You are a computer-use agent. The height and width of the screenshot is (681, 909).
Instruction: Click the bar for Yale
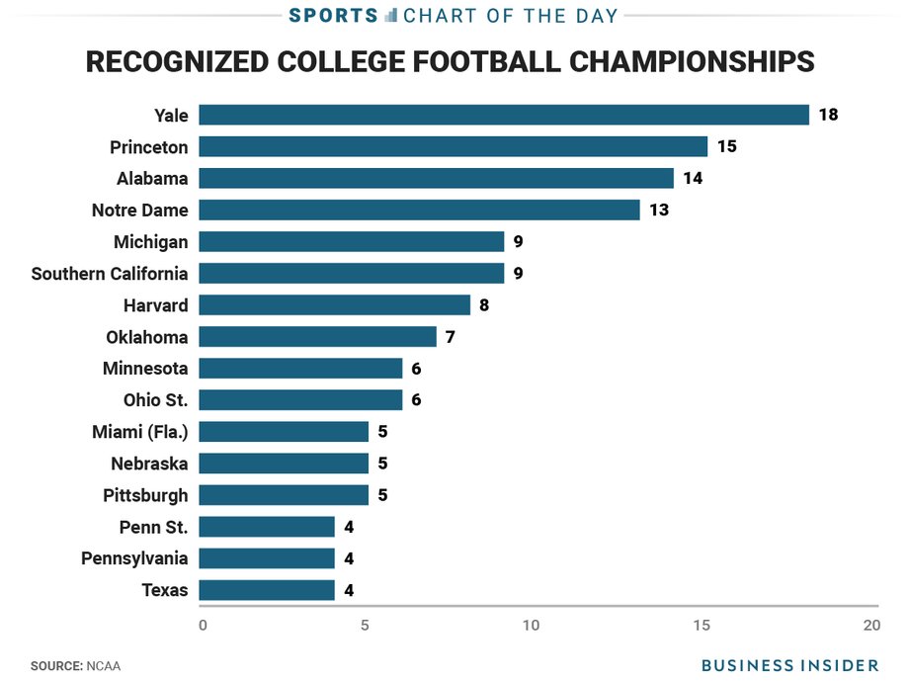click(504, 115)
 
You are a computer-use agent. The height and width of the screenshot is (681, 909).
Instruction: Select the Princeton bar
click(454, 146)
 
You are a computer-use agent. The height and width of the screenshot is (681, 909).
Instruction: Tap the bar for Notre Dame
click(419, 210)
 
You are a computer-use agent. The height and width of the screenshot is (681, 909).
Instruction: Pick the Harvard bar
click(335, 305)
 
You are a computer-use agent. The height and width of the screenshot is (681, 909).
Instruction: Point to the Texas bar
click(267, 590)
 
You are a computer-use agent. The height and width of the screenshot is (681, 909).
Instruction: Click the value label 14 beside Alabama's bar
click(693, 178)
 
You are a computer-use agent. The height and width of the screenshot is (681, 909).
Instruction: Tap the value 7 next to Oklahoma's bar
click(450, 337)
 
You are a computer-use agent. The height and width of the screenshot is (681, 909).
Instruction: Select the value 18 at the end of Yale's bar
click(828, 115)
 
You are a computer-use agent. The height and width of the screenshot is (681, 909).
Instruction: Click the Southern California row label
click(110, 274)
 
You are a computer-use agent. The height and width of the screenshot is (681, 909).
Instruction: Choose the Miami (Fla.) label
click(140, 432)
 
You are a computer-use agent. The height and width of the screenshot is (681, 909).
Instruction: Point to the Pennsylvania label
click(134, 558)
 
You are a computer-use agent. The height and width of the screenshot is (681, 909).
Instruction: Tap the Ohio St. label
click(156, 400)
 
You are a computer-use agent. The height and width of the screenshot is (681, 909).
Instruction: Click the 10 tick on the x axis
click(531, 626)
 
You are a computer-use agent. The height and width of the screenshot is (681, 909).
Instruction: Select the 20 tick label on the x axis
click(871, 626)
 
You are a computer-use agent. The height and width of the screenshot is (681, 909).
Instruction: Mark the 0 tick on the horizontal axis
click(203, 626)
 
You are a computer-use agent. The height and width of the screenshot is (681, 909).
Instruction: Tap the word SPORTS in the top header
click(333, 16)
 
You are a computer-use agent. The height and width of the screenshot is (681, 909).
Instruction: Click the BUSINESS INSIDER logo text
click(790, 665)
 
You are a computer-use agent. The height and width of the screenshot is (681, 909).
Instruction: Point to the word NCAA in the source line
click(104, 666)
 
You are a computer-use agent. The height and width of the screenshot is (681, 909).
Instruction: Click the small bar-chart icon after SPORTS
click(391, 15)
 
